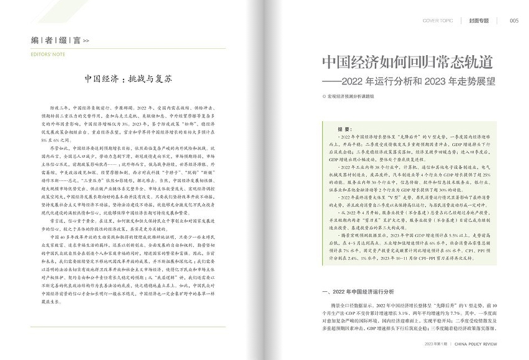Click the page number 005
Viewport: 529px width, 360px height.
click(x=514, y=20)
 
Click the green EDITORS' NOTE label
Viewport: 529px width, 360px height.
click(x=46, y=55)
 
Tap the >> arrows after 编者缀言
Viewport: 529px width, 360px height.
click(x=86, y=41)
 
